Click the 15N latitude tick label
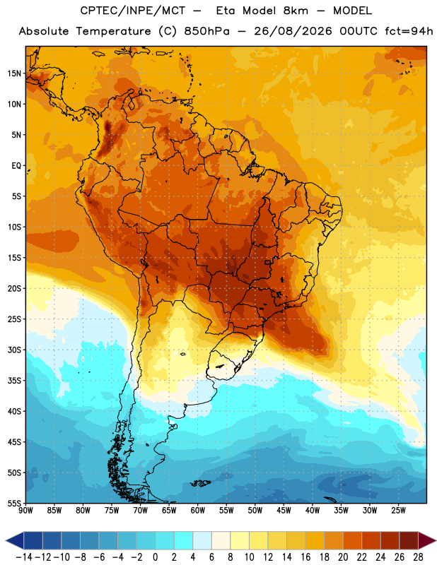[14, 73]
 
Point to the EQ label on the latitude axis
[16, 166]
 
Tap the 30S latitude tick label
[14, 350]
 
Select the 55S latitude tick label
[14, 504]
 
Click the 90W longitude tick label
[25, 511]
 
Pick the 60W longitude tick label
[198, 511]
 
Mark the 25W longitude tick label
[399, 511]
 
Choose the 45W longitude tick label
[284, 511]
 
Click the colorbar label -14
[24, 557]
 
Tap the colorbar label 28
[418, 557]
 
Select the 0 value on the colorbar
[156, 557]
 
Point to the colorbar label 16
[305, 557]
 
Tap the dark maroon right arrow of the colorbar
[426, 540]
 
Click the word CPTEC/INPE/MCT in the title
[133, 11]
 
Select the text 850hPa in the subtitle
[206, 31]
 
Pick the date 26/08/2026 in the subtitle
[293, 31]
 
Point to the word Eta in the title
[226, 11]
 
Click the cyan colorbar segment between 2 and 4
[184, 540]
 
